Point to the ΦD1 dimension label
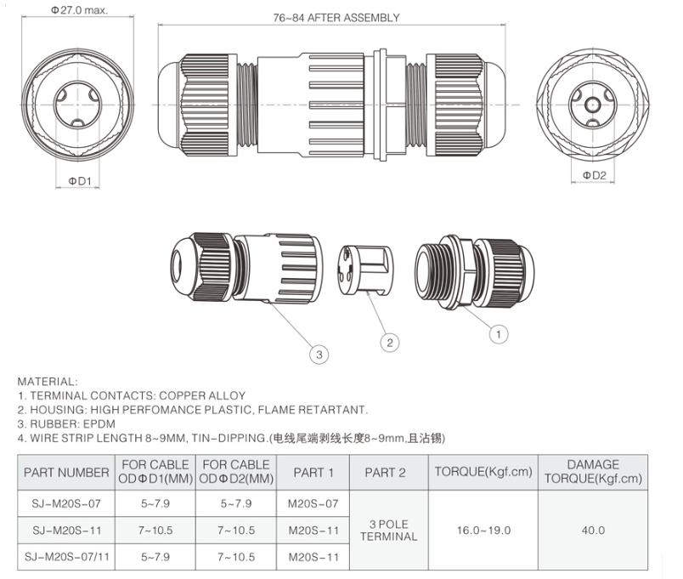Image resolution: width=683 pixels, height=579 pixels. pos(80,179)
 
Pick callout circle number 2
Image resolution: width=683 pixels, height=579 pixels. pos(389,343)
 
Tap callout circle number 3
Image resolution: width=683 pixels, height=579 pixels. pos(319,355)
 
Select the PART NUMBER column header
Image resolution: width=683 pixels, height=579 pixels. pos(66,472)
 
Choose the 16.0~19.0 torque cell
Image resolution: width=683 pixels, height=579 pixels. pos(483,530)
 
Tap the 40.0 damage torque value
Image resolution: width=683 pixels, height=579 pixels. pos(593,530)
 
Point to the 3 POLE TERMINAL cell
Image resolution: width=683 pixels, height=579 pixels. pos(389,530)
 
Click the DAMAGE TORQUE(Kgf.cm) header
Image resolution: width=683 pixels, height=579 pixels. pos(593,472)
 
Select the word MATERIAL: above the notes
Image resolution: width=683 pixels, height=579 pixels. pos(48,381)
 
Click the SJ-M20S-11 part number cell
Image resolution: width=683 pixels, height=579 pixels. pos(66,530)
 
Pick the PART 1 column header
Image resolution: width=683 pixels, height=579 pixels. pos(313,472)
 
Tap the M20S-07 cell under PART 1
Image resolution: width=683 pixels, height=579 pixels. pos(313,503)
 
